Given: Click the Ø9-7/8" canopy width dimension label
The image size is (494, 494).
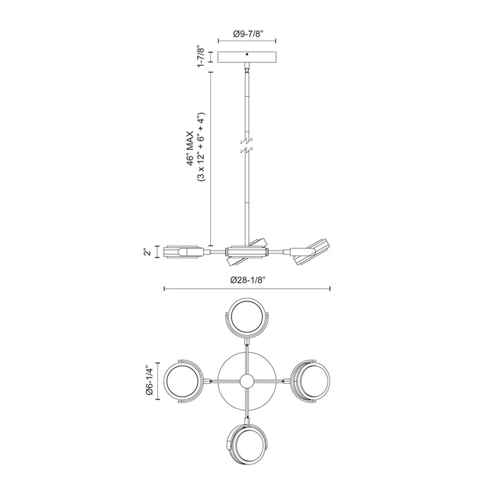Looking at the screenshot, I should [x=246, y=32].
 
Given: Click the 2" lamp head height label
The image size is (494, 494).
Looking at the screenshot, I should [x=147, y=252].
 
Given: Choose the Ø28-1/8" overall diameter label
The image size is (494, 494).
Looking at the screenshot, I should [x=247, y=279].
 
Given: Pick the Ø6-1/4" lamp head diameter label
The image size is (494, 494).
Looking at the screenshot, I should [x=148, y=381].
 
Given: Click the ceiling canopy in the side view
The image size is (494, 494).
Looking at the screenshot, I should [x=246, y=57].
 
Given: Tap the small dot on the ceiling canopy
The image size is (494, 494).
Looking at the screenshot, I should [x=246, y=54].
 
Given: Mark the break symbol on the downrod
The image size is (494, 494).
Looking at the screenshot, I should [x=246, y=146].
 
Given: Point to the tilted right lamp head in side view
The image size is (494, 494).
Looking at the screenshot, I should [x=310, y=252].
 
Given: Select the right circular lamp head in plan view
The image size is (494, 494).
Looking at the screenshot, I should [x=309, y=381].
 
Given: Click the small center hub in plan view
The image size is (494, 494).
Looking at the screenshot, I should [x=246, y=381].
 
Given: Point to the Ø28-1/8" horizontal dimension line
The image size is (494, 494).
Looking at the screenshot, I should [x=247, y=289].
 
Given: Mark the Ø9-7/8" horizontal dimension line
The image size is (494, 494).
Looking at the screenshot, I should [x=246, y=41].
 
